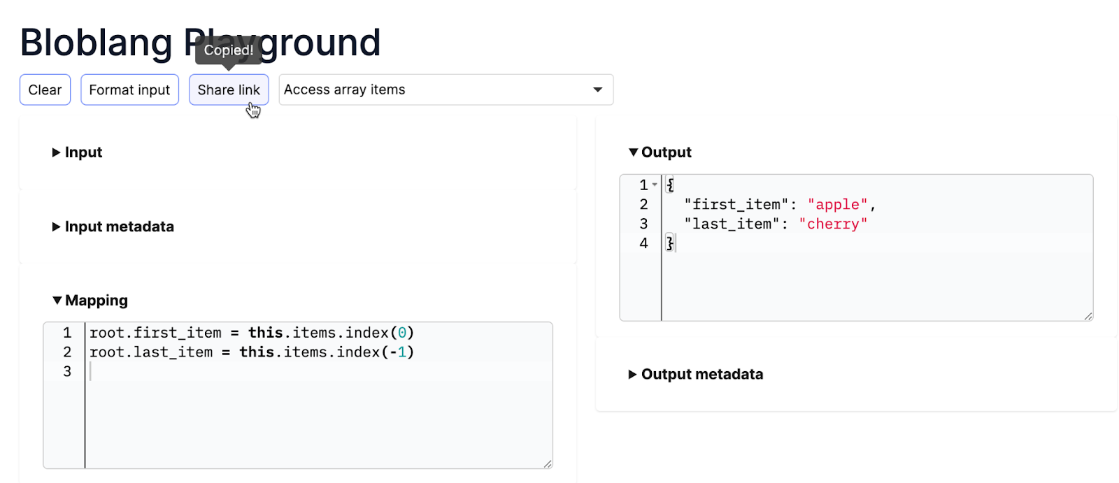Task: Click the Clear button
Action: click(45, 90)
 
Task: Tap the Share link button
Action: click(228, 90)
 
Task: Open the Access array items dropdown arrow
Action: click(597, 90)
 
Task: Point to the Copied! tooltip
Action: click(228, 50)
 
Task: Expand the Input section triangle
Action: click(56, 152)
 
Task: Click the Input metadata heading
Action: click(119, 226)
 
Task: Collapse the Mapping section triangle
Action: click(57, 301)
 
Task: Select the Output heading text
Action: click(666, 152)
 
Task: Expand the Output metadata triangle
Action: click(632, 375)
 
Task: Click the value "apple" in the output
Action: click(837, 205)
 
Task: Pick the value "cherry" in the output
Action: click(832, 224)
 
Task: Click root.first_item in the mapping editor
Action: click(155, 333)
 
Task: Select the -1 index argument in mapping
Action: click(398, 352)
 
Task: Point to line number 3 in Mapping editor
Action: click(67, 372)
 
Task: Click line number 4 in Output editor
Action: click(643, 243)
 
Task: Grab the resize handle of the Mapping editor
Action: click(548, 463)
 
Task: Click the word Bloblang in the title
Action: click(96, 43)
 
